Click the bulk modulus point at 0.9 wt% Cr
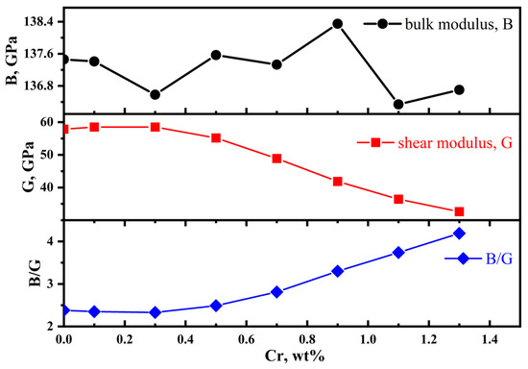pyautogui.click(x=338, y=23)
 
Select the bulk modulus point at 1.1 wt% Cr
pyautogui.click(x=398, y=104)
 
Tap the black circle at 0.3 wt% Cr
pyautogui.click(x=155, y=94)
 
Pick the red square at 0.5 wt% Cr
pyautogui.click(x=216, y=137)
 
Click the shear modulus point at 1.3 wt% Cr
pyautogui.click(x=459, y=211)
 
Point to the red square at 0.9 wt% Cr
pyautogui.click(x=338, y=181)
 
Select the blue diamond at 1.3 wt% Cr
pyautogui.click(x=459, y=233)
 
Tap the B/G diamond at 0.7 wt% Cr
pyautogui.click(x=276, y=292)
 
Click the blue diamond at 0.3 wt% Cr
pyautogui.click(x=155, y=312)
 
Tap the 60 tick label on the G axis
pyautogui.click(x=45, y=122)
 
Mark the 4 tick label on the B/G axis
pyautogui.click(x=50, y=241)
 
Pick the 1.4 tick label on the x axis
pyautogui.click(x=490, y=340)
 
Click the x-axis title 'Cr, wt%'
pyautogui.click(x=277, y=358)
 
